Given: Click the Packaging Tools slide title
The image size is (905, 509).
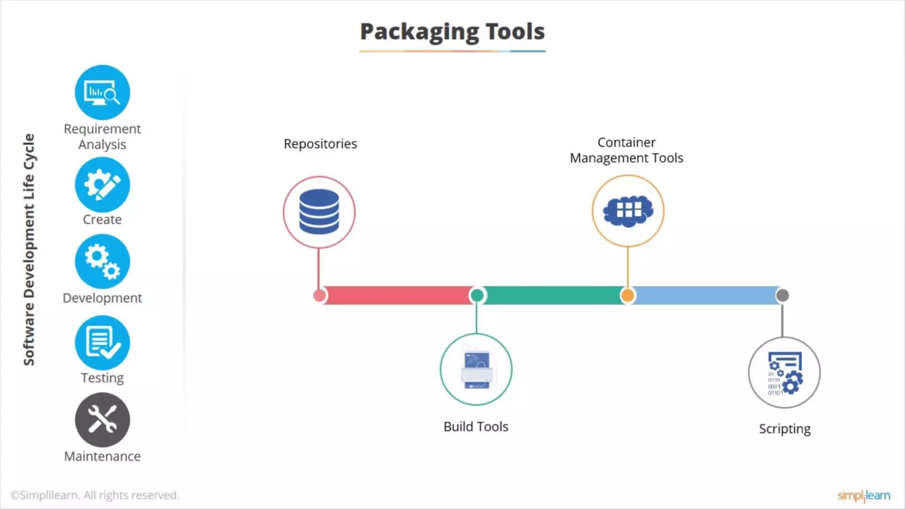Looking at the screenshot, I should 452,32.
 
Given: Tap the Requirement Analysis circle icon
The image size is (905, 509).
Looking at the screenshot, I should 102,92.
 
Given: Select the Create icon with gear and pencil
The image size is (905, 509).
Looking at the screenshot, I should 102,185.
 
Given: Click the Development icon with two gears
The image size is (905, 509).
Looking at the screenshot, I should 102,262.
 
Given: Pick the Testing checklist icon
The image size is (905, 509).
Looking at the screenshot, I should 102,343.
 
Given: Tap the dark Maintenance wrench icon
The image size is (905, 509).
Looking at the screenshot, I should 102,420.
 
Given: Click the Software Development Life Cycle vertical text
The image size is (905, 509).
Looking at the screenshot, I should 29,250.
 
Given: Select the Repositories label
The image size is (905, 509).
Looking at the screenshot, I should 320,144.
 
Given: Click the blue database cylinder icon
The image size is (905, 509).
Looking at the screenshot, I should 319,212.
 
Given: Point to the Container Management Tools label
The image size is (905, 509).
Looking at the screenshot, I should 626,150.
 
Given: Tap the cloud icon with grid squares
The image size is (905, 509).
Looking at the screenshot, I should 627,211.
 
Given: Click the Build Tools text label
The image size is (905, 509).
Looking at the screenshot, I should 476,426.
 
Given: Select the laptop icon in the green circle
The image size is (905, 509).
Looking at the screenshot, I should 476,370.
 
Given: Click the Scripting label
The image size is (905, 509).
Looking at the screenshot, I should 784,429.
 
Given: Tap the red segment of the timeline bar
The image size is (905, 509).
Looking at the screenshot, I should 398,295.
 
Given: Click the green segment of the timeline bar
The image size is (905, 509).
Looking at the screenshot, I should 552,295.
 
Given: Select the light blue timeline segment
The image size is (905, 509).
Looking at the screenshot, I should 705,295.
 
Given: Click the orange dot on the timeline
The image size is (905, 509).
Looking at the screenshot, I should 627,295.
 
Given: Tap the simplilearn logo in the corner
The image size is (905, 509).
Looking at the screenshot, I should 863,495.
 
